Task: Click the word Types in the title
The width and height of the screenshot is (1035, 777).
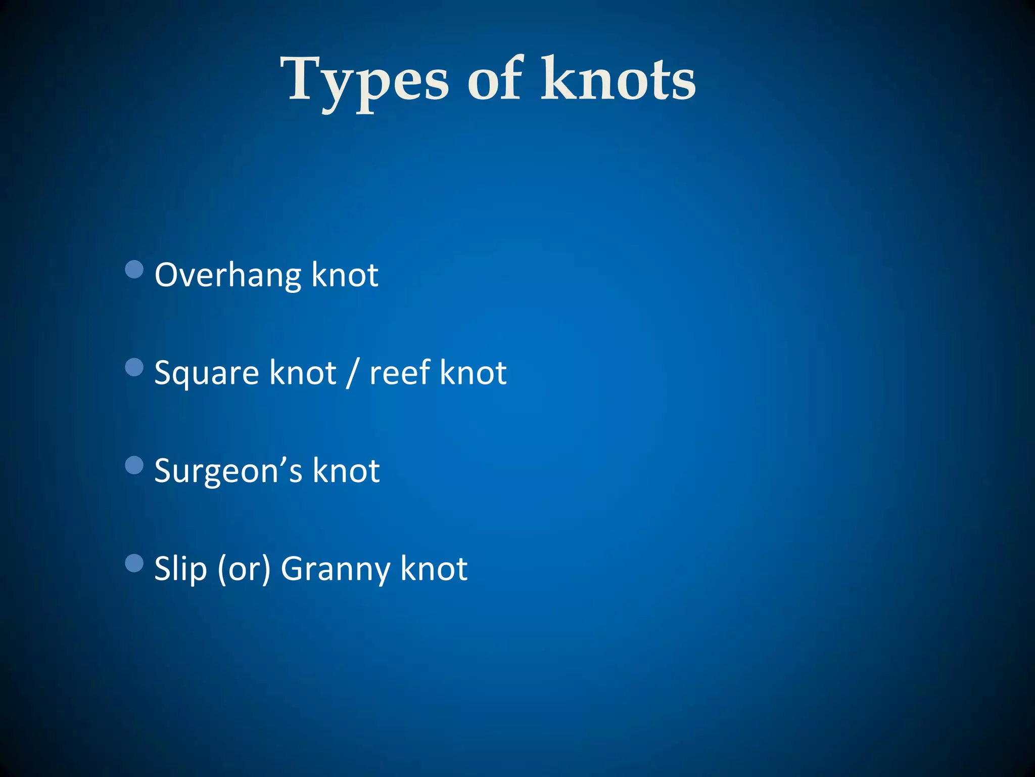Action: (364, 81)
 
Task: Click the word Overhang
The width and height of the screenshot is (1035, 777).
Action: (227, 276)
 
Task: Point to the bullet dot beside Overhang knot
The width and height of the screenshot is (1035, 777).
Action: (134, 269)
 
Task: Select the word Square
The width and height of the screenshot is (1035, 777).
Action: (207, 374)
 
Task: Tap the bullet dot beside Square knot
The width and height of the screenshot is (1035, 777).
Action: (134, 367)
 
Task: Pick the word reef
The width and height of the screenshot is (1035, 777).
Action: (399, 373)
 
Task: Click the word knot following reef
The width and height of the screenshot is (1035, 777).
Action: (473, 373)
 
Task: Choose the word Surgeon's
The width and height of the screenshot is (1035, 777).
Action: (228, 471)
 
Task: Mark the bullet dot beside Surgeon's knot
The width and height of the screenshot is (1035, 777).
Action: (134, 465)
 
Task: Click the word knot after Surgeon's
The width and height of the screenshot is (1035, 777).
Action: (346, 470)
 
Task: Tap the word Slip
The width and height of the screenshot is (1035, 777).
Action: (180, 569)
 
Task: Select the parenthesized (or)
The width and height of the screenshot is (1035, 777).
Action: (244, 570)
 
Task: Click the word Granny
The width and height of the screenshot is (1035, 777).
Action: (335, 570)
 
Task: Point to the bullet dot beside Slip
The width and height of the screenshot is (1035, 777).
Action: (134, 563)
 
